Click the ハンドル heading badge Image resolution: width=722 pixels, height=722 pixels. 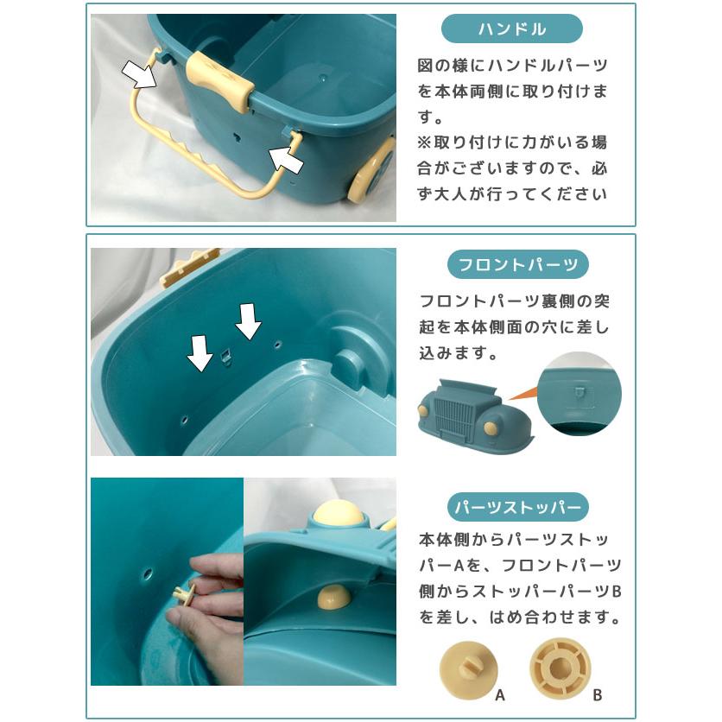click(512, 29)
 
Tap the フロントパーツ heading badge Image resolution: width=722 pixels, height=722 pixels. click(512, 264)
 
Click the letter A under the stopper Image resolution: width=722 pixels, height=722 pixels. click(500, 693)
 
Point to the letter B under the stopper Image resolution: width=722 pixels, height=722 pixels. click(597, 693)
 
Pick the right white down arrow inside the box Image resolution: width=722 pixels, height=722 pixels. click(249, 321)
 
